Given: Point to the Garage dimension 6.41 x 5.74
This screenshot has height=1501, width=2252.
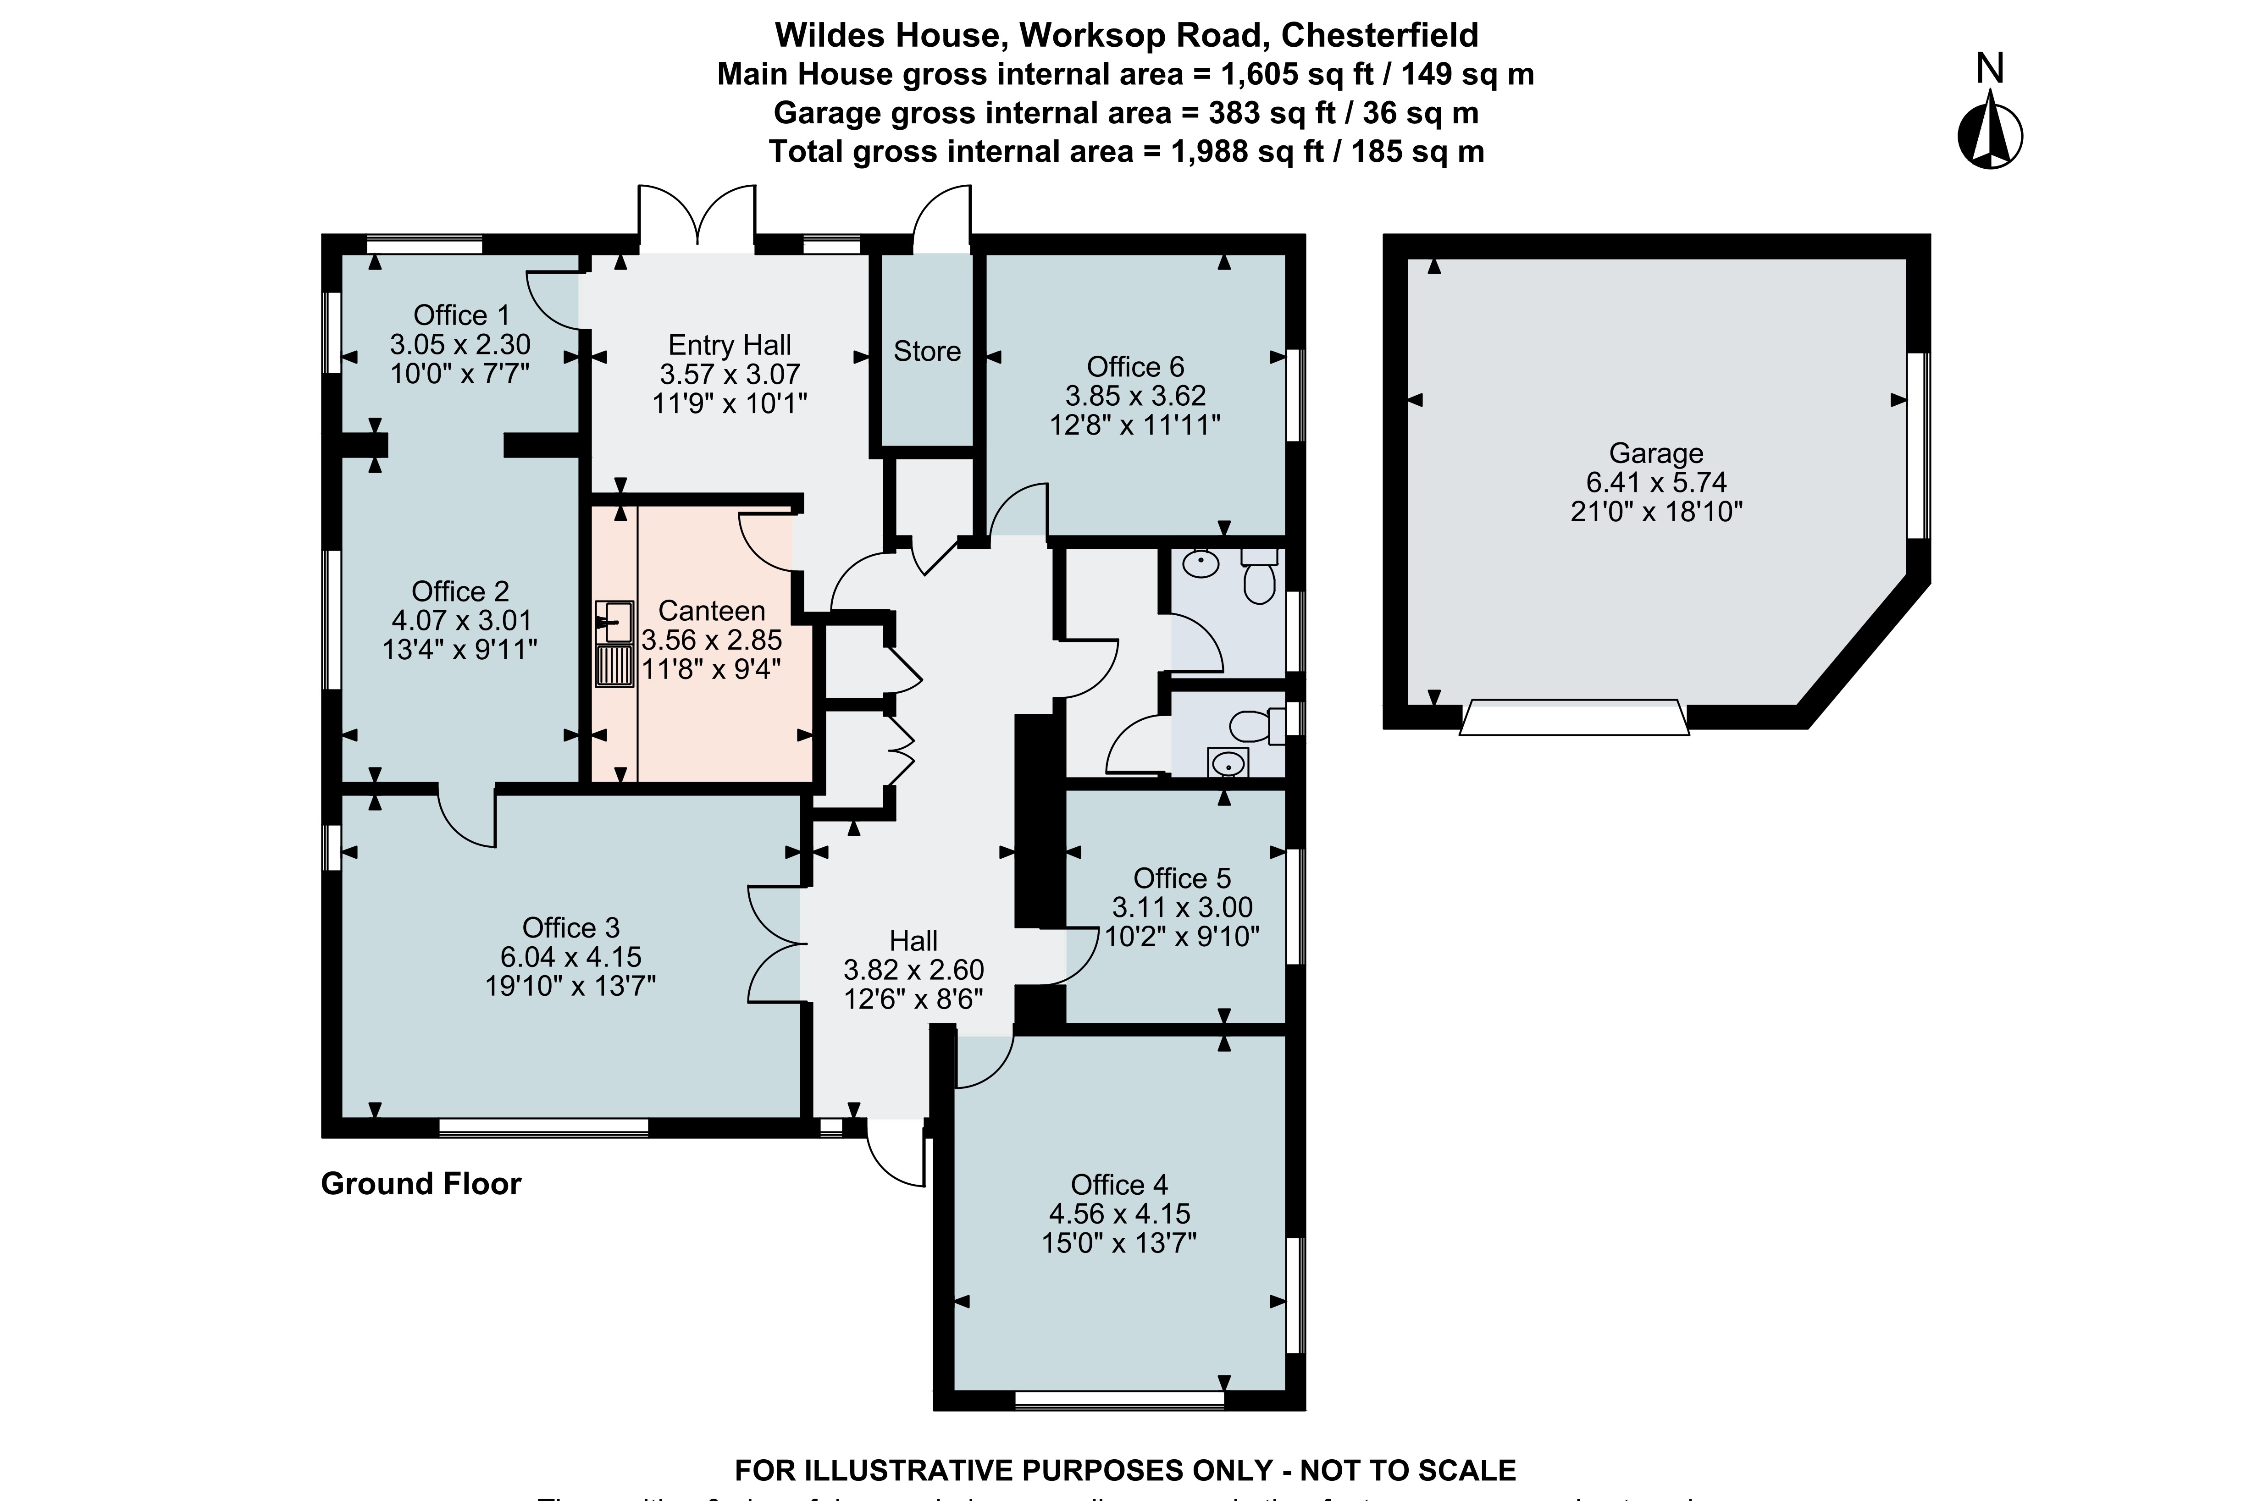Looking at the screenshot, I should pos(1655,482).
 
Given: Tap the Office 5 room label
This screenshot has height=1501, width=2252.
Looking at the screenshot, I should pos(1182,878).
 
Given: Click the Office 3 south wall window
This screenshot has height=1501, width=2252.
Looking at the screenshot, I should pos(543,1128).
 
